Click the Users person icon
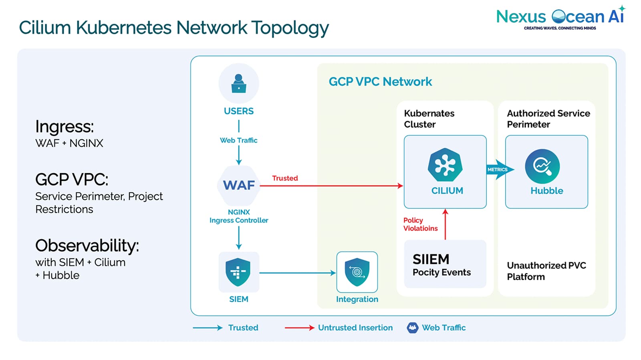coord(239,83)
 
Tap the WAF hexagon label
coord(239,185)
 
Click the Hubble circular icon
coord(542,166)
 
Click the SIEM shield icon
coord(238,272)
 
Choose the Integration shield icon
coord(357,272)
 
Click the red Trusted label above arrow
coord(285,178)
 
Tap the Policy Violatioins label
coord(420,224)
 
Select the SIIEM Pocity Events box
coord(445,264)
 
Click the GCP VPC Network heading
coord(380,82)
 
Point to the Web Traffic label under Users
coord(239,140)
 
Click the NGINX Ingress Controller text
coord(239,216)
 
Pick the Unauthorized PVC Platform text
coord(546,271)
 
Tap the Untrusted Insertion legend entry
coord(355,328)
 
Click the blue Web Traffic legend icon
coord(412,328)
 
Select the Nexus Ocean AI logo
coord(560,18)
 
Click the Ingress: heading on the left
coord(65,127)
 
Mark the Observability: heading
coord(87,245)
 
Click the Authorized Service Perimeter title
coord(548,119)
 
